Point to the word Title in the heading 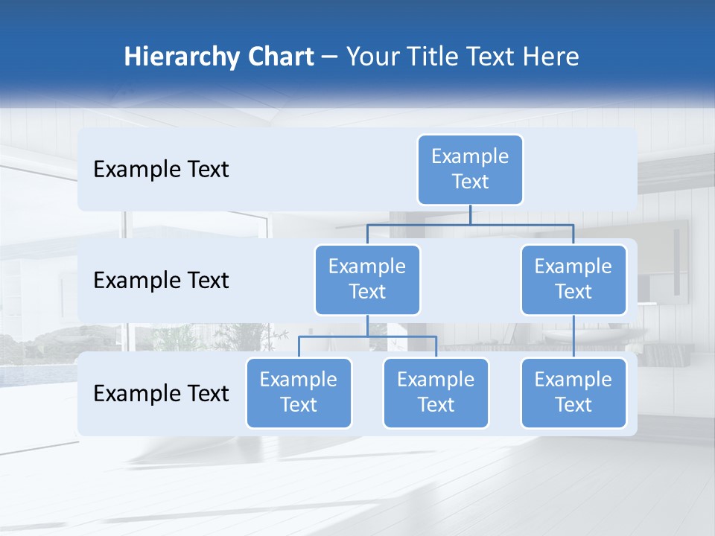coord(438,57)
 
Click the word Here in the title coord(550,57)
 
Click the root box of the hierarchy coord(470,169)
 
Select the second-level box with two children coord(367,279)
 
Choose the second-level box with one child coord(573,279)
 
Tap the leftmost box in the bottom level coord(299,392)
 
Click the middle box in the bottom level coord(436,392)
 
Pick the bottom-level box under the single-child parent coord(573,392)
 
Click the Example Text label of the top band coord(161,170)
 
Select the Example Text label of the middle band coord(161,281)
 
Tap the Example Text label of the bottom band coord(161,394)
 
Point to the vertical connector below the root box coord(470,214)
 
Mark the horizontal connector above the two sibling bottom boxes coord(367,336)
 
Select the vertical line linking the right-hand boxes coord(573,336)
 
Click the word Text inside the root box coord(470,182)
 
